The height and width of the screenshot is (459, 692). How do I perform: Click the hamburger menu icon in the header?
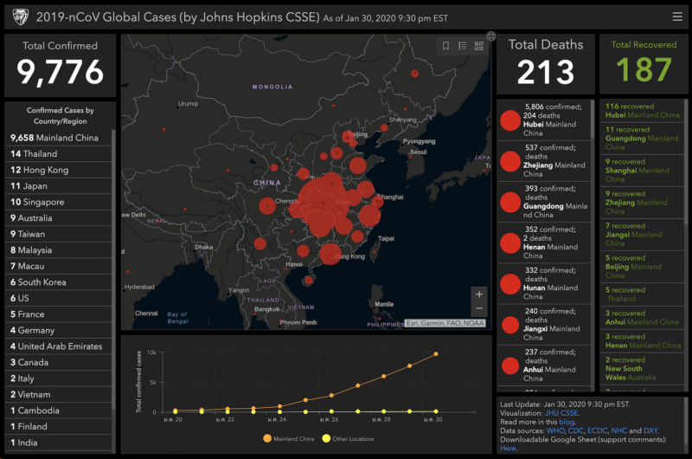pyautogui.click(x=676, y=16)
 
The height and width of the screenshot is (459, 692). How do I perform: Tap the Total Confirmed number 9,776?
pyautogui.click(x=60, y=72)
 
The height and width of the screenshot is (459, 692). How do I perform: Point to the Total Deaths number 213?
pyautogui.click(x=545, y=72)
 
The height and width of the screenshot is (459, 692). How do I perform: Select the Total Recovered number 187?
pyautogui.click(x=644, y=69)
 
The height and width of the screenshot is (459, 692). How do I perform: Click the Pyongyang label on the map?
pyautogui.click(x=419, y=140)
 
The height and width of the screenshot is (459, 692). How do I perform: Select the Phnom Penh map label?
pyautogui.click(x=298, y=322)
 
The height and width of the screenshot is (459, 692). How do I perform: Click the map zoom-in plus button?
pyautogui.click(x=479, y=294)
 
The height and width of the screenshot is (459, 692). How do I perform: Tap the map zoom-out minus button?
pyautogui.click(x=479, y=308)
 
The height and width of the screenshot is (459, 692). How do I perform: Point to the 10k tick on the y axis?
pyautogui.click(x=151, y=353)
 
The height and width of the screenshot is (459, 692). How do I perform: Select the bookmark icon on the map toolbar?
pyautogui.click(x=445, y=46)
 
